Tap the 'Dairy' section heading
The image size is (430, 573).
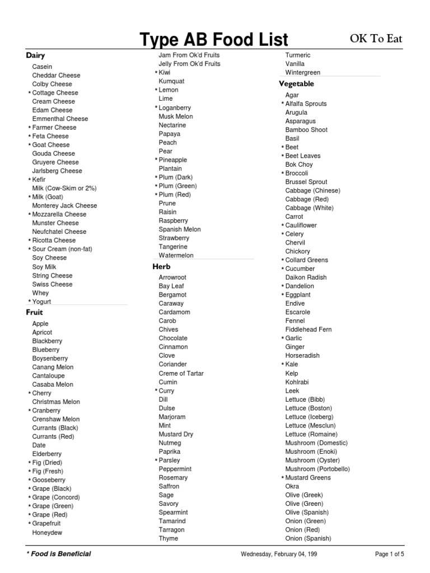coord(35,55)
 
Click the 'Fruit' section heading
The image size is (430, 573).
coord(34,312)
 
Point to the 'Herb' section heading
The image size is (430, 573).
coord(161,266)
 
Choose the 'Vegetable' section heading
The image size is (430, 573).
coord(296,84)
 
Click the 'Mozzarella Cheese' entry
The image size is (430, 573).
coord(59,214)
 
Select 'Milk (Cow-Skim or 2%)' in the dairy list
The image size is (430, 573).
coord(64,188)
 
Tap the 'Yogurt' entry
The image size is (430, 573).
coord(41,302)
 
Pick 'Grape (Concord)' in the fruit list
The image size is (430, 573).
coord(56,497)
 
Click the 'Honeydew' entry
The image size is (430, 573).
coord(47,533)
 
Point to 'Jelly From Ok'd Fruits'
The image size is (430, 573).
coord(189,64)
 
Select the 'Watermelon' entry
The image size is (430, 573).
coord(176,255)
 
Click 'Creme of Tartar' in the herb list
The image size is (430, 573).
coord(181,373)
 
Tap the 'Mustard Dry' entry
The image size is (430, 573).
coord(176,434)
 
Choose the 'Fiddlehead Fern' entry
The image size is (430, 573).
coord(309,330)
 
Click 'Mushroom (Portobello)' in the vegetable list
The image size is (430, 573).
coord(317,469)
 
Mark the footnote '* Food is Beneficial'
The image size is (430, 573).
coord(59,554)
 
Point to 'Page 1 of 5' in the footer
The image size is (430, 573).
coord(389,555)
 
